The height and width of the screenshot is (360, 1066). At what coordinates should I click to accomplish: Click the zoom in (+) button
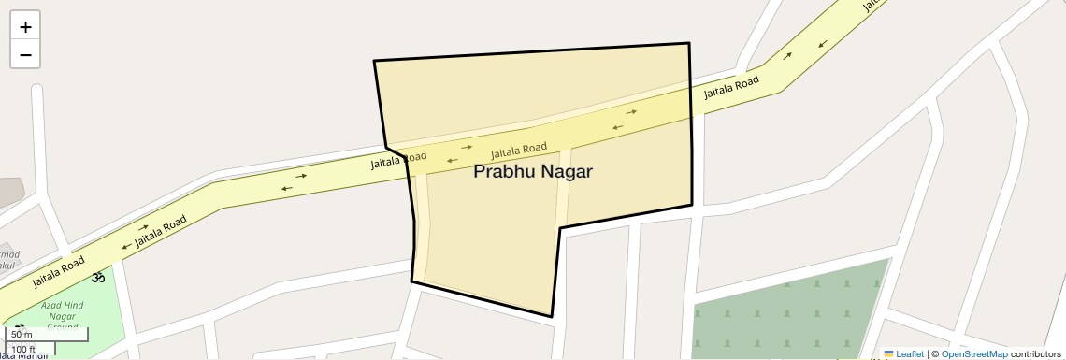25,26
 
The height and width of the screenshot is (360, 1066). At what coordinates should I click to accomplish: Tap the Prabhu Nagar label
533,172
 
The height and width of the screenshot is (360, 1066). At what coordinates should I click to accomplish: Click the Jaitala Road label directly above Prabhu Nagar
519,150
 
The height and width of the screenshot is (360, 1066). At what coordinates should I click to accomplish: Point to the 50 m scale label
22,334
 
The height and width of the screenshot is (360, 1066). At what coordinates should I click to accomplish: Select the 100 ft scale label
23,350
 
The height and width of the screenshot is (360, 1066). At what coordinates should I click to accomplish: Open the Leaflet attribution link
910,353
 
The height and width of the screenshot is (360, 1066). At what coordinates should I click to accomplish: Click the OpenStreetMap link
974,353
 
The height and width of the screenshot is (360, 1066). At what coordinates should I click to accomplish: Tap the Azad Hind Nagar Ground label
63,316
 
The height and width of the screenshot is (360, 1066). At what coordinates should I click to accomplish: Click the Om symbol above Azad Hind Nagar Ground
96,277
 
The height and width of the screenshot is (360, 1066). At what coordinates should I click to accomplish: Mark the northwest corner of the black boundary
374,61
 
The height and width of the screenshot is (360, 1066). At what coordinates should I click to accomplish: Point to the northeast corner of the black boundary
689,43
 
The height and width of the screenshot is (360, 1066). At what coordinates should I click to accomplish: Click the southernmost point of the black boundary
552,317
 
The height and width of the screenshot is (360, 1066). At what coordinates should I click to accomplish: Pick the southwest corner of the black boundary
411,281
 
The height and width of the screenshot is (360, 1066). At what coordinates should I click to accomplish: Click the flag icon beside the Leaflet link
888,353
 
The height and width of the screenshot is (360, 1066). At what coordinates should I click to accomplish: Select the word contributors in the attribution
1036,353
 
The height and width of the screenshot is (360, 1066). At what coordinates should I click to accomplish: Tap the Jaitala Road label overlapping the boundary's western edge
398,161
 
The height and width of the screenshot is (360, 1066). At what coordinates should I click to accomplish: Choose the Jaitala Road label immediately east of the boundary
731,89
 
